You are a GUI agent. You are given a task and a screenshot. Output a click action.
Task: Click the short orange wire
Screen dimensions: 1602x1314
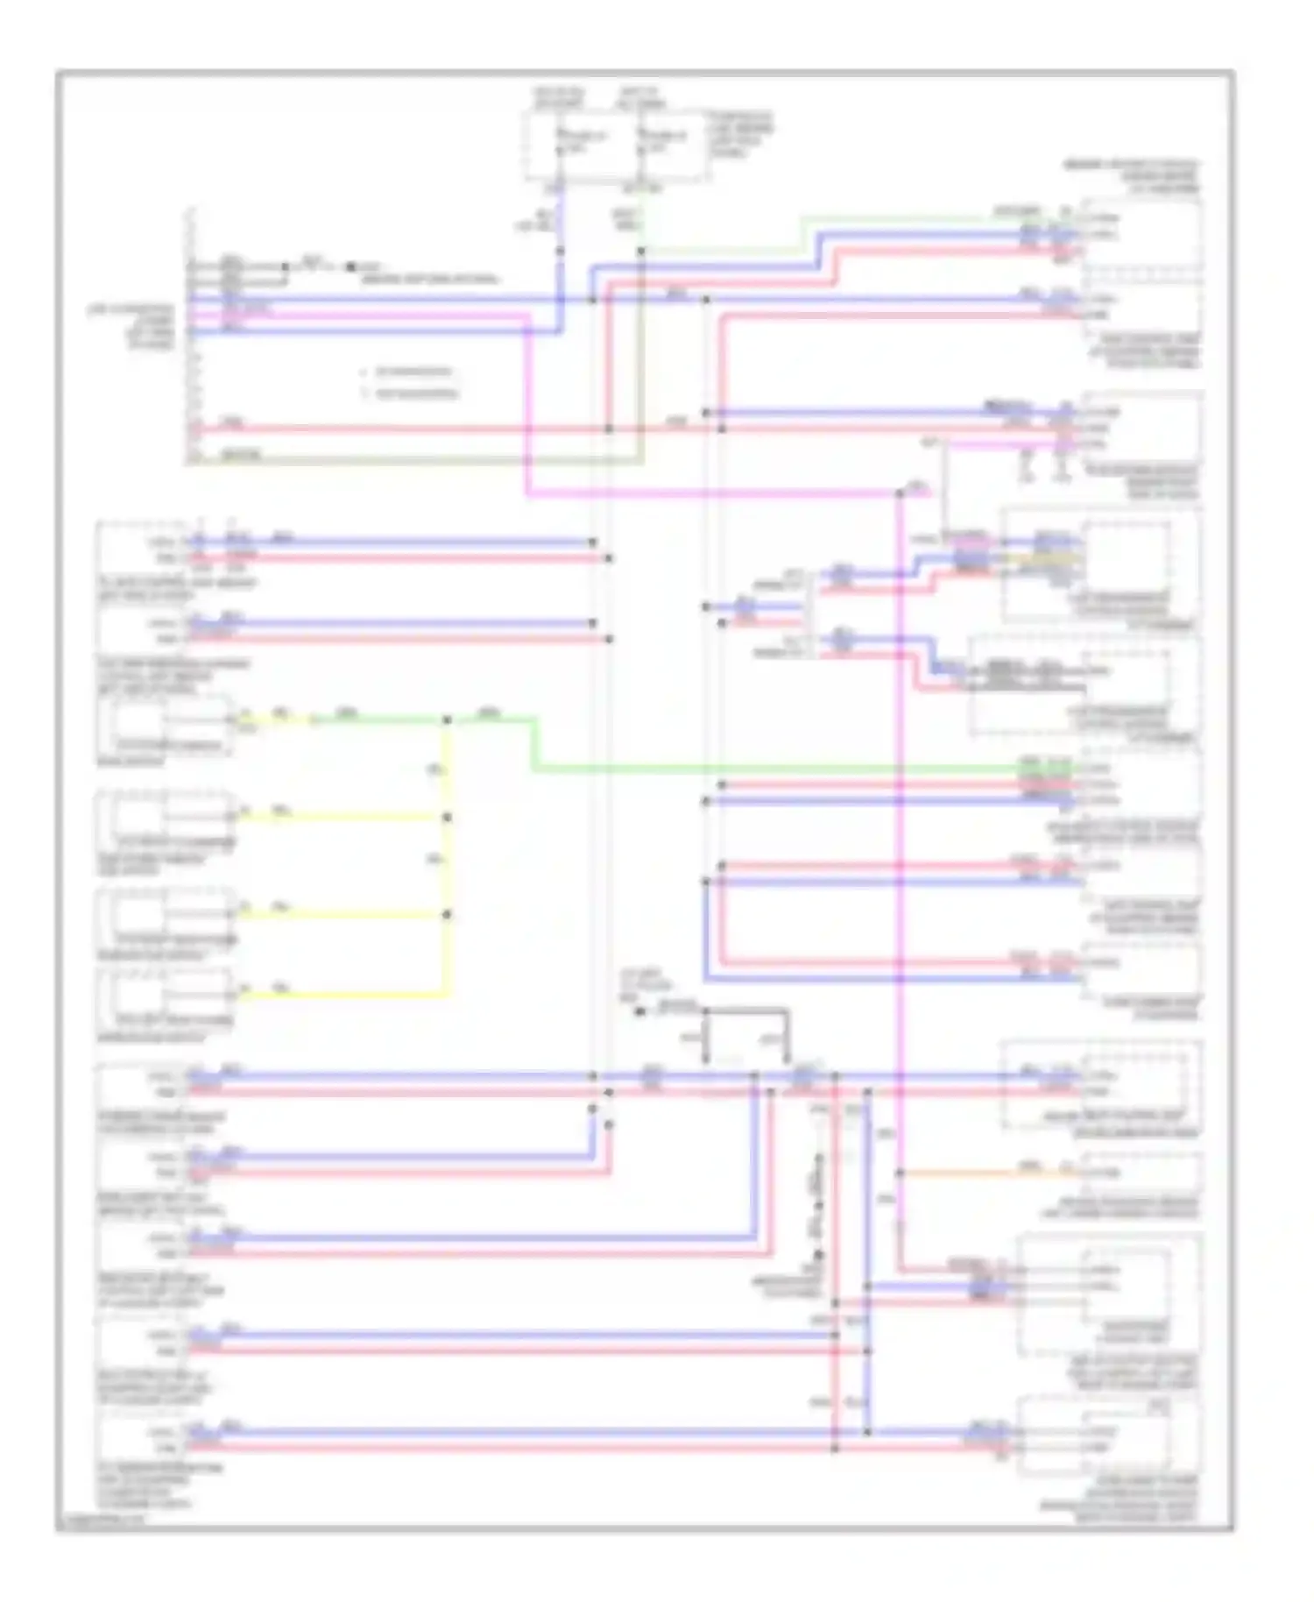[981, 1172]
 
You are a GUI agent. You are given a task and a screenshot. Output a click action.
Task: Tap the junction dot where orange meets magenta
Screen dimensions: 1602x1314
[900, 1173]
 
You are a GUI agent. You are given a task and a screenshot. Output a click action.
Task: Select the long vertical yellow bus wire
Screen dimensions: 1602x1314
[447, 859]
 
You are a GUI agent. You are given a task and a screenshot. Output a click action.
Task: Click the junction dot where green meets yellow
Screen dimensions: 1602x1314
[447, 720]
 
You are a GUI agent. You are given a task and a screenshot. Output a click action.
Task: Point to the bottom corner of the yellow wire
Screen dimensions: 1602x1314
[447, 995]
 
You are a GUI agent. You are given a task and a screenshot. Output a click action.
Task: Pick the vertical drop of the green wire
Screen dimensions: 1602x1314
[534, 745]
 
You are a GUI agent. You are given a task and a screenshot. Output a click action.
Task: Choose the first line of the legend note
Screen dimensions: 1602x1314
[412, 372]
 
